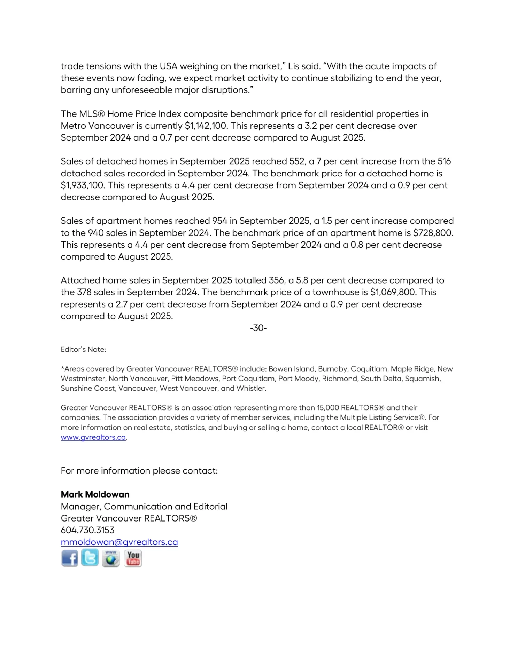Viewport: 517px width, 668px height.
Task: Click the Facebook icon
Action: click(70, 558)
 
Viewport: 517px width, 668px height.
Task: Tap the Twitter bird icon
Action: click(90, 558)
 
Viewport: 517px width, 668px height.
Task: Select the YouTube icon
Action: click(133, 558)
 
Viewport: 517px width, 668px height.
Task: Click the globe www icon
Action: click(111, 559)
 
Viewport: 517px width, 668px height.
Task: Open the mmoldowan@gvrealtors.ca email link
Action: click(119, 542)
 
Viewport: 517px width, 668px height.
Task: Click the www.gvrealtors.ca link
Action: click(93, 437)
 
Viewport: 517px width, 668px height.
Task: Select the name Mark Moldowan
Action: click(95, 494)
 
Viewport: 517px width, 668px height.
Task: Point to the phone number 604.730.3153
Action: click(87, 530)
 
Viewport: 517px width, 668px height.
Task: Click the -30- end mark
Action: click(258, 328)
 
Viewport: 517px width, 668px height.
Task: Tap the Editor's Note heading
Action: click(83, 350)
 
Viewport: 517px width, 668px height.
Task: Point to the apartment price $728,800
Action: click(433, 233)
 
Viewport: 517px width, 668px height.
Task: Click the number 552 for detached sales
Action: click(296, 161)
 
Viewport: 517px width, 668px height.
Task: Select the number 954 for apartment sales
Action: click(219, 221)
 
